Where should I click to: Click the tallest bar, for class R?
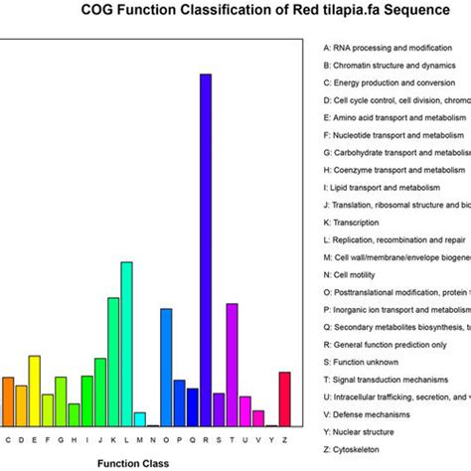coord(206,248)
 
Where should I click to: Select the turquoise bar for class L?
coord(126,343)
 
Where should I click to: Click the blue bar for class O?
coord(166,367)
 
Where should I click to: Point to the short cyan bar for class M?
coord(140,418)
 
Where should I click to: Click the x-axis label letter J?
coord(100,438)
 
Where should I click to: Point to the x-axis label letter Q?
coord(193,438)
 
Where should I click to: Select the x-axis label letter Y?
coord(271,438)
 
